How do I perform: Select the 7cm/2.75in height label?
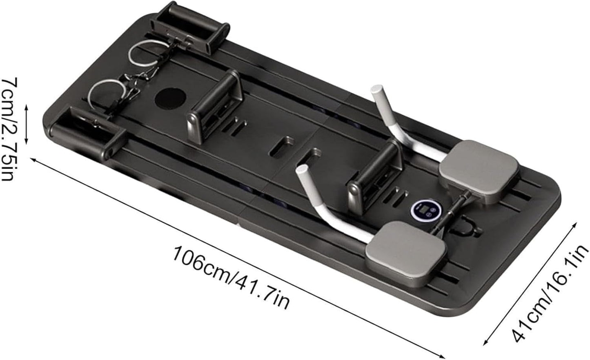[10, 129]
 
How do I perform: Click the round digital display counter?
[426, 210]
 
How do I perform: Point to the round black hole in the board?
[170, 99]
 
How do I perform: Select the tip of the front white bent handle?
[302, 170]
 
